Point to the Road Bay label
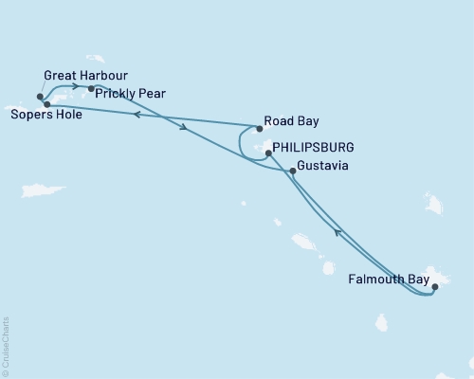[292, 121]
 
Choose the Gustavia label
[323, 166]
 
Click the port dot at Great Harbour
[40, 96]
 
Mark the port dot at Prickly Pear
[91, 89]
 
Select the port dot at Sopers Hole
[46, 104]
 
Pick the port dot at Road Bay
[259, 128]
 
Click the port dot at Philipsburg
[269, 152]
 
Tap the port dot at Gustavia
[292, 171]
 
